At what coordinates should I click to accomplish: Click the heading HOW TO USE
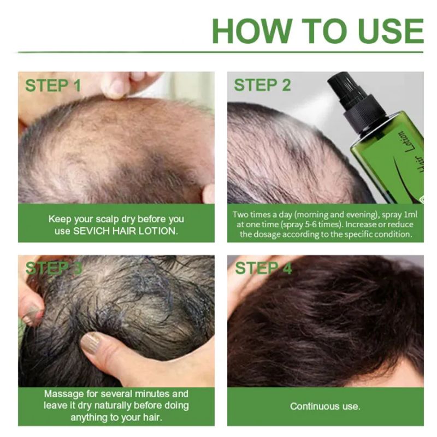(317, 31)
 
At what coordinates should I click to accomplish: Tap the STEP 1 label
(53, 86)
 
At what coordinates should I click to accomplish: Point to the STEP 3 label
(53, 268)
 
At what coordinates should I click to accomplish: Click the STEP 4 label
(263, 268)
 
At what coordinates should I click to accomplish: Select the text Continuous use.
(325, 406)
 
